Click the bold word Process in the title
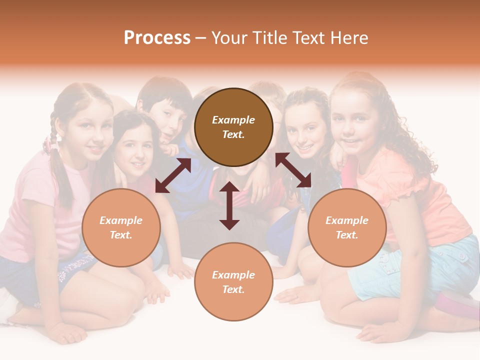pyautogui.click(x=157, y=38)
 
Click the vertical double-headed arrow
pyautogui.click(x=229, y=205)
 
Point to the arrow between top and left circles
pyautogui.click(x=173, y=175)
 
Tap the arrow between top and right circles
pyautogui.click(x=293, y=170)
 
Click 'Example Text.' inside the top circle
pyautogui.click(x=233, y=127)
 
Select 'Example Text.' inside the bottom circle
pyautogui.click(x=233, y=282)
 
